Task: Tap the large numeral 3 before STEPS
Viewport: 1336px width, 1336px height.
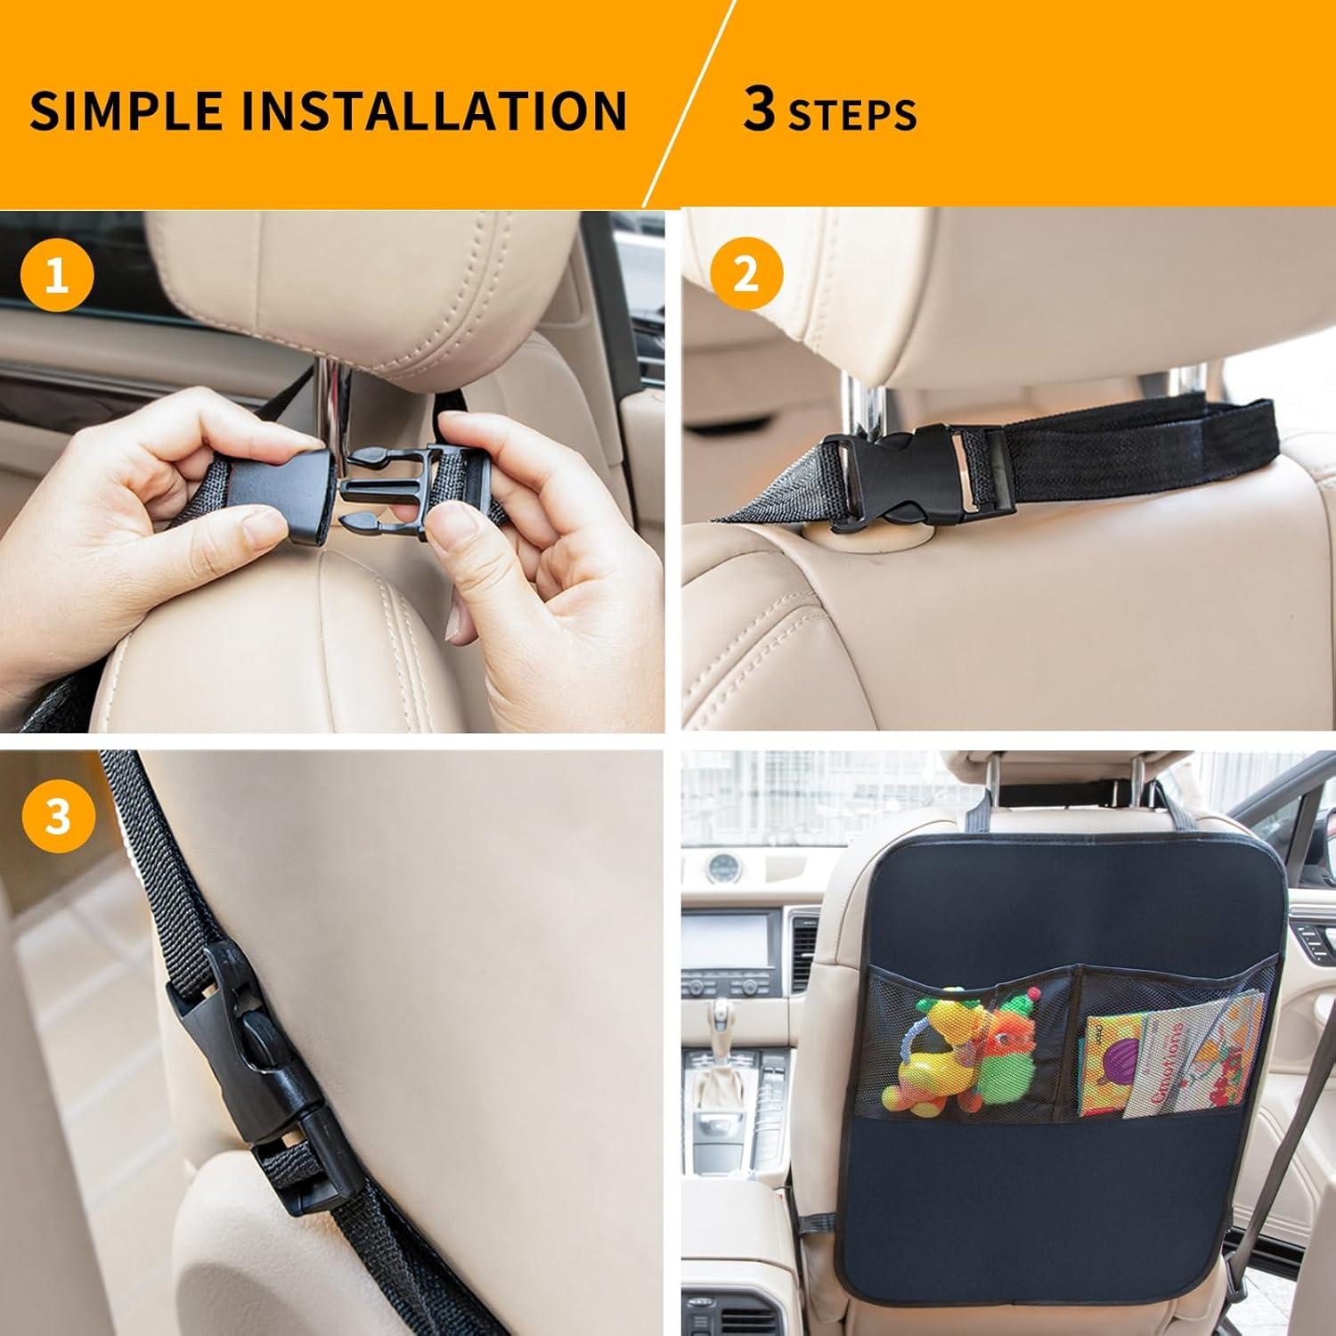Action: click(759, 110)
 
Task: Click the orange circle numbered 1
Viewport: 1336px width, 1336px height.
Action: click(57, 277)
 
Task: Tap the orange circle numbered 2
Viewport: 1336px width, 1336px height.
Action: click(745, 274)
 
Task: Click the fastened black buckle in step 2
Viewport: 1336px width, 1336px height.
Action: click(900, 476)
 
